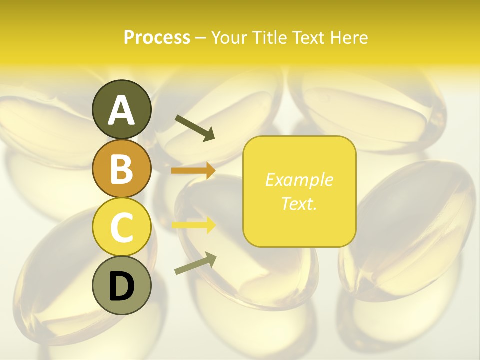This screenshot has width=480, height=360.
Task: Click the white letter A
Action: click(121, 110)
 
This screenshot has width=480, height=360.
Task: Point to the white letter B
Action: click(121, 169)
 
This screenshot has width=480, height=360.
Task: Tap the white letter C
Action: click(121, 227)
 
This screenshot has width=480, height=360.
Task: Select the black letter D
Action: click(121, 286)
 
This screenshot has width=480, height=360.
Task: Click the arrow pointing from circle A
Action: click(194, 128)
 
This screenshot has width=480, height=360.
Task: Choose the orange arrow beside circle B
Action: click(193, 171)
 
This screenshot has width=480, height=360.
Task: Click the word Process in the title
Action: click(157, 38)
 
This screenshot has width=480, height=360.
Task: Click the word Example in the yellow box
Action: click(299, 180)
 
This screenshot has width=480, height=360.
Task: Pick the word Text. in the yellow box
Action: click(299, 204)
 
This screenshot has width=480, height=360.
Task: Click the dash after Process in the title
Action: click(200, 38)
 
